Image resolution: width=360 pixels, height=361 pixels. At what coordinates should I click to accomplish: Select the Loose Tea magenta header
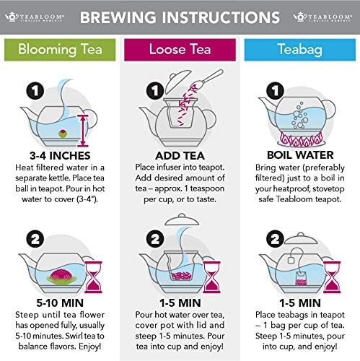click(180, 49)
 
